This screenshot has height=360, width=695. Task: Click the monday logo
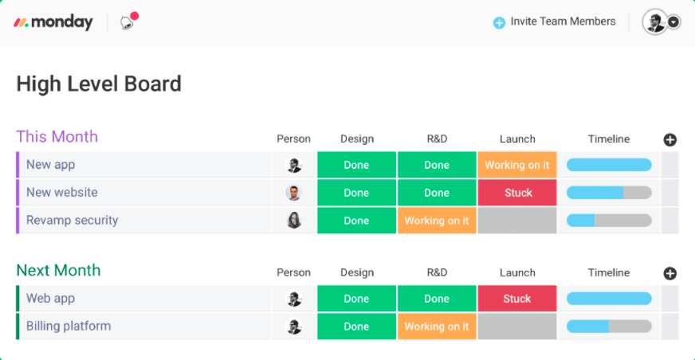[53, 22]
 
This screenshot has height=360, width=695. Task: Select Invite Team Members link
[555, 22]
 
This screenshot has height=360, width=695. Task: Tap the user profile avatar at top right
[654, 22]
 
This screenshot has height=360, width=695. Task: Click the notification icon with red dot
[128, 22]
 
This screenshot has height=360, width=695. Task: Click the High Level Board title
[99, 84]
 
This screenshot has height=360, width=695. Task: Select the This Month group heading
[57, 136]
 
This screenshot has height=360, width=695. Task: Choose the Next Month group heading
[58, 270]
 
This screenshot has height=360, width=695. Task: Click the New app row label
[50, 165]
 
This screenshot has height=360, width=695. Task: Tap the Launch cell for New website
[517, 193]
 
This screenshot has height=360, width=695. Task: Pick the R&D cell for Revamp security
[437, 221]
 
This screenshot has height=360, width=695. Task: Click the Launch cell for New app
[517, 165]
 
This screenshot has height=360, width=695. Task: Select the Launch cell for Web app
[517, 299]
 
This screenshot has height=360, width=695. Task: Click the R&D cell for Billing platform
[437, 327]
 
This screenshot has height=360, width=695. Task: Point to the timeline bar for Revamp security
[609, 221]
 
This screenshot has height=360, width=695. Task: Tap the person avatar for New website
[294, 193]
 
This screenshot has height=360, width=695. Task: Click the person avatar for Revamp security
[294, 221]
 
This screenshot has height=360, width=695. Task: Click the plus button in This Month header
[670, 140]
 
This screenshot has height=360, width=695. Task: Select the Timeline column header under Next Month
[609, 272]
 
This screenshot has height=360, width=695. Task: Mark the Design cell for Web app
[356, 299]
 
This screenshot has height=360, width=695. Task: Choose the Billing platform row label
[69, 326]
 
